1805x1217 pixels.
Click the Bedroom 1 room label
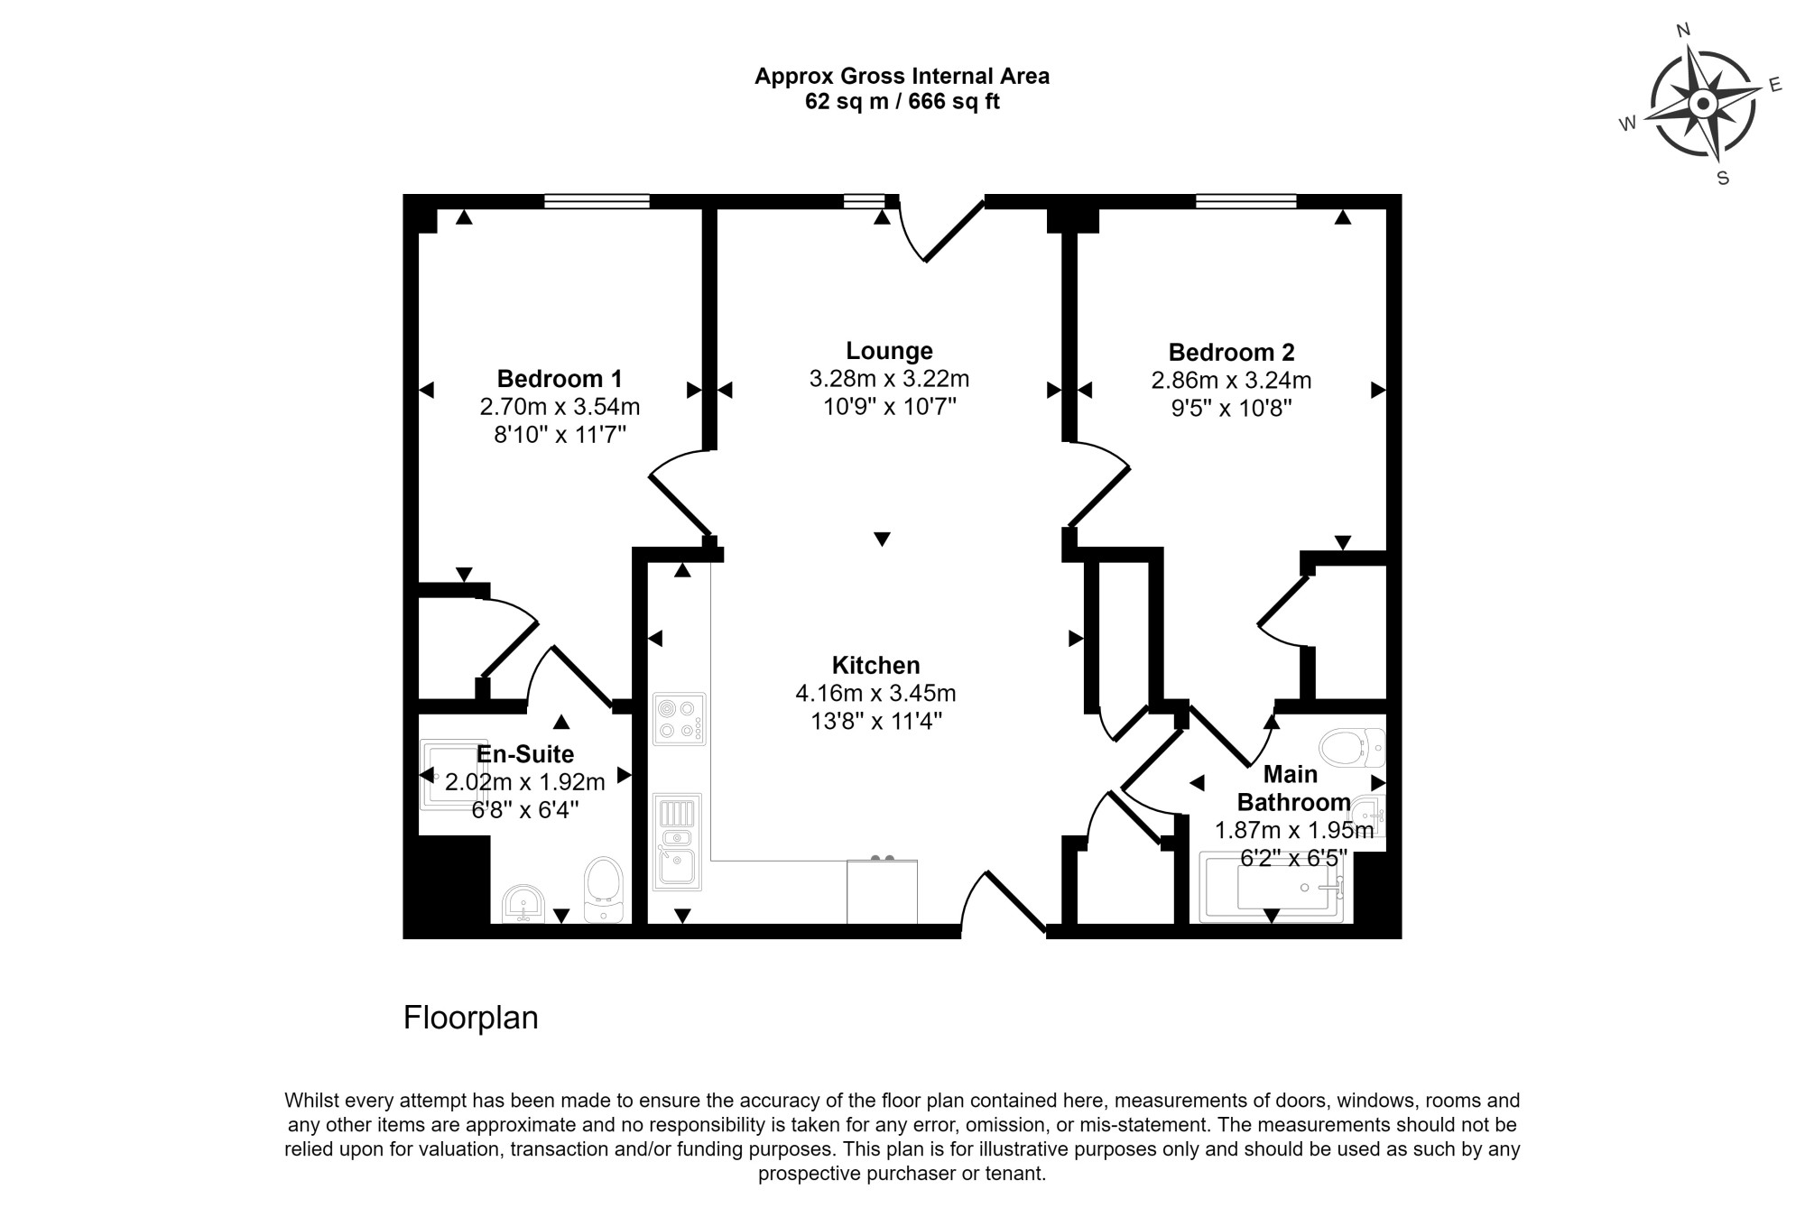(x=560, y=379)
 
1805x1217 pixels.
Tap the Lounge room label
(x=889, y=351)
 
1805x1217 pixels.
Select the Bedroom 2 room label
(x=1231, y=352)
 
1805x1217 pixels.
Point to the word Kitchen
(x=875, y=666)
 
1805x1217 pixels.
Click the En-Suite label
(x=525, y=754)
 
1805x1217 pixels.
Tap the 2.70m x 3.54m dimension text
(x=560, y=407)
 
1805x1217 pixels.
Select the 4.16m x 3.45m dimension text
(x=875, y=694)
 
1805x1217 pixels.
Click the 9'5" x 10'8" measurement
(x=1231, y=408)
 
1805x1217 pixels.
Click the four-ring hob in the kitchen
(x=680, y=719)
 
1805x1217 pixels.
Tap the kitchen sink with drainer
(x=677, y=842)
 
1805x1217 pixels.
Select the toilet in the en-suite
(x=604, y=890)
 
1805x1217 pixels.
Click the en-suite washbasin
(x=523, y=904)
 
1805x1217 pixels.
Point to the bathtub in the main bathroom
(x=1271, y=887)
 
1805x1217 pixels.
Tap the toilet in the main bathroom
(x=1352, y=748)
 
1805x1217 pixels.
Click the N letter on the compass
(x=1682, y=31)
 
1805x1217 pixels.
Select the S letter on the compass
(x=1723, y=178)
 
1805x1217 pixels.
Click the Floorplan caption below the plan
(x=470, y=1018)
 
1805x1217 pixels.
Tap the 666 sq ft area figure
(x=954, y=102)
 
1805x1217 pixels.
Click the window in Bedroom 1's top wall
(x=597, y=201)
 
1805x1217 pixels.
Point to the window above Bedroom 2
(x=1246, y=201)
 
